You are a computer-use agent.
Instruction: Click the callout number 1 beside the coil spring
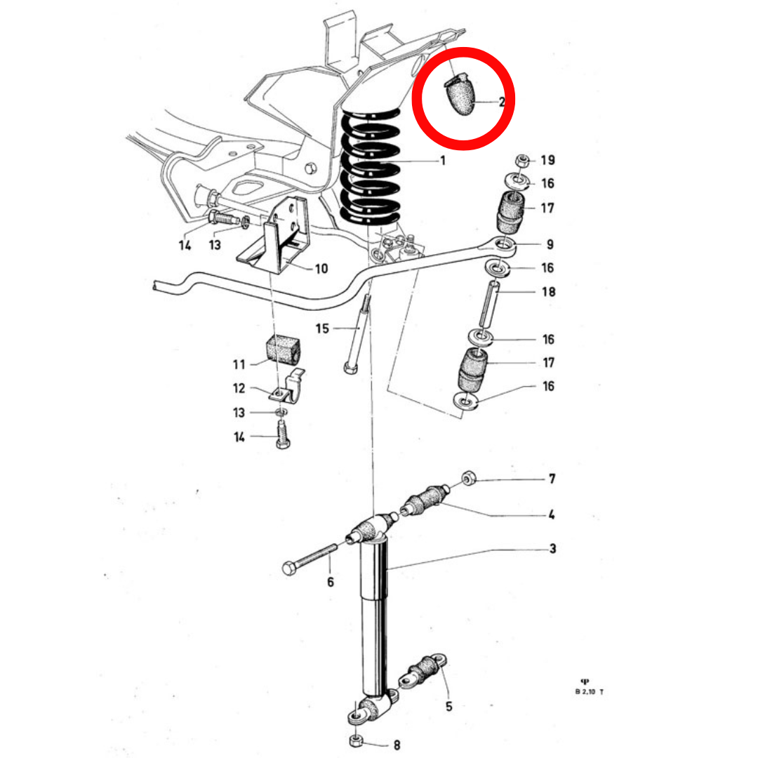point(443,160)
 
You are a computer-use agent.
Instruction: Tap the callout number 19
point(547,160)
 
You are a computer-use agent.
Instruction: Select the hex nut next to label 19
point(521,160)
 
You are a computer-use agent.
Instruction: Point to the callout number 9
point(550,245)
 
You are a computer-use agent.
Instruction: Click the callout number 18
point(549,291)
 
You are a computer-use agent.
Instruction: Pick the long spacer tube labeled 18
point(488,305)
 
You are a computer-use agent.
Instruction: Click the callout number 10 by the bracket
point(321,269)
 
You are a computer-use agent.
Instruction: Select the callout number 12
point(239,388)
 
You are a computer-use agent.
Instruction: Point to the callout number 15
point(322,328)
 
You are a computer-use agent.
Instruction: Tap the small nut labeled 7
point(468,479)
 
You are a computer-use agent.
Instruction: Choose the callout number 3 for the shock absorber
point(553,549)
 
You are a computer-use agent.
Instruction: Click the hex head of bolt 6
point(290,568)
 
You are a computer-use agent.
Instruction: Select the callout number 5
point(448,706)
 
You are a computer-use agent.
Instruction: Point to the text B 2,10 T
point(590,692)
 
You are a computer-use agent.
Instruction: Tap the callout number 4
point(552,514)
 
